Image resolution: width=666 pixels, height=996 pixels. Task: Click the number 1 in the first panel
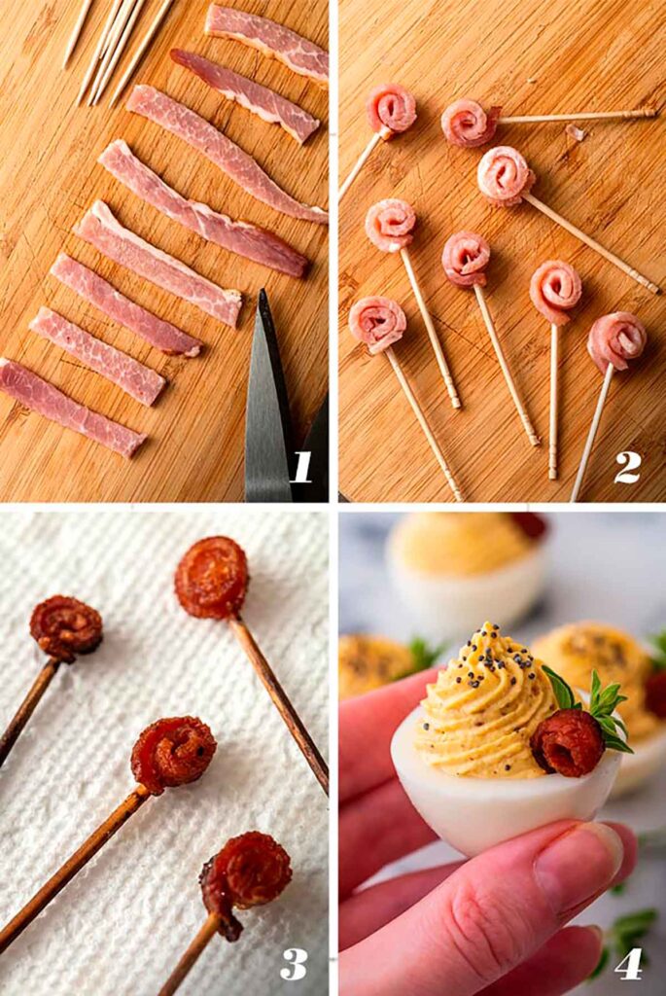(x=301, y=467)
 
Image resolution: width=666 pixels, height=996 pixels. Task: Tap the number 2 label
(x=627, y=467)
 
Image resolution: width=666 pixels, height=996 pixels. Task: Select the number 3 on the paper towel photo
(x=294, y=963)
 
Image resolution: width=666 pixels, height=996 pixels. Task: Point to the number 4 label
(x=628, y=963)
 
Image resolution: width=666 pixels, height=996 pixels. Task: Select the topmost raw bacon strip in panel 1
(x=266, y=39)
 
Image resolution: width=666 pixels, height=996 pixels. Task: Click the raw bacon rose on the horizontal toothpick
(x=469, y=123)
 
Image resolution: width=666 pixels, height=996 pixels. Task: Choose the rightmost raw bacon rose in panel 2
(x=615, y=341)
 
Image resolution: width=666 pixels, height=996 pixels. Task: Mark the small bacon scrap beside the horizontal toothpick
(x=575, y=131)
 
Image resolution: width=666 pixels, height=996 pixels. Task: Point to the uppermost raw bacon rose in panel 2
(x=391, y=109)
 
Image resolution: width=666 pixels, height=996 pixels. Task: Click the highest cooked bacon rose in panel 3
(x=211, y=578)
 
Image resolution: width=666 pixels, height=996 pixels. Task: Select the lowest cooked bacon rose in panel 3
(x=248, y=872)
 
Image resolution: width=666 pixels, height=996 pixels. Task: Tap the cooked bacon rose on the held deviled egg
(x=567, y=742)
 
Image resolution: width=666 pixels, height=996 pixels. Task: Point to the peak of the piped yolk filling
(x=483, y=635)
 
